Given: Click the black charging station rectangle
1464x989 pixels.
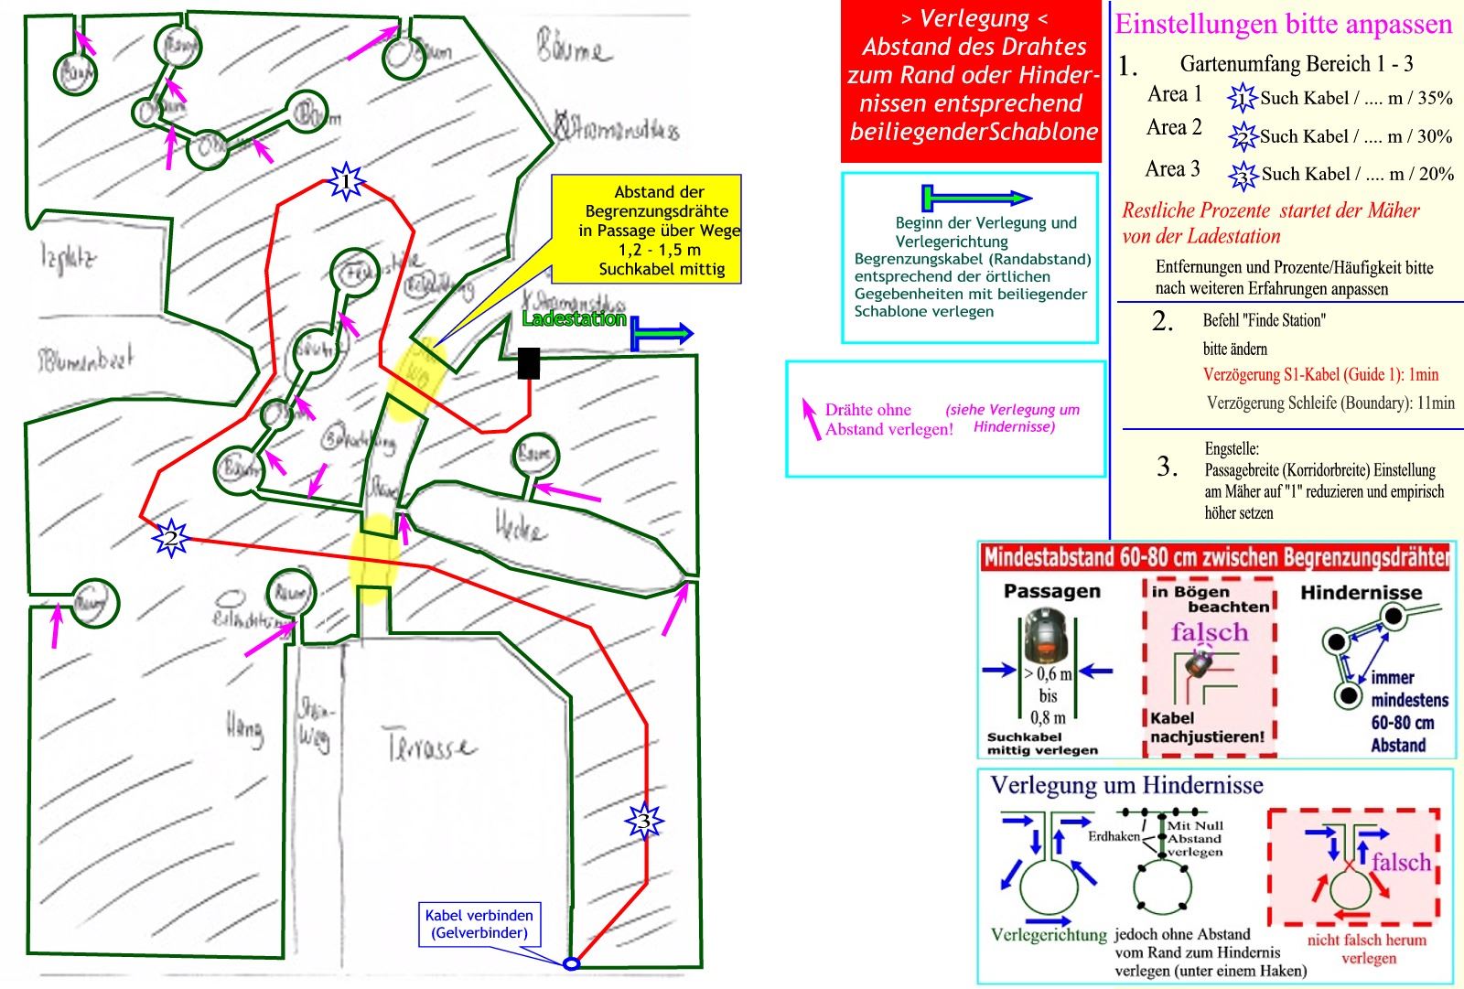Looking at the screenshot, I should (529, 363).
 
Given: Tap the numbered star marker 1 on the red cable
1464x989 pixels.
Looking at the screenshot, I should (346, 181).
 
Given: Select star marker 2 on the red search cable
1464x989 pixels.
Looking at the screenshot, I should (170, 538).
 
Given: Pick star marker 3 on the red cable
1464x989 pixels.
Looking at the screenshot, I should (644, 822).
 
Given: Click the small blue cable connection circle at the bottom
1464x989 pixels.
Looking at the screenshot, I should (571, 963).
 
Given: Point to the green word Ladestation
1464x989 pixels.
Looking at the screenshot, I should (574, 318).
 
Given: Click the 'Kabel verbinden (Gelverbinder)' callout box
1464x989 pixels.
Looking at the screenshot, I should (479, 924).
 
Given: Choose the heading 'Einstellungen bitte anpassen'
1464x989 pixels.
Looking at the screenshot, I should (1284, 25).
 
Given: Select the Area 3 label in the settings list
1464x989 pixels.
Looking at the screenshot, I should (1172, 169).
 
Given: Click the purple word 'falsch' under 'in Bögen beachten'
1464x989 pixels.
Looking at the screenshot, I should (1209, 631).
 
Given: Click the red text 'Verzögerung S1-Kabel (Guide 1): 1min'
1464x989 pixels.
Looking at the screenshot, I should (1320, 374).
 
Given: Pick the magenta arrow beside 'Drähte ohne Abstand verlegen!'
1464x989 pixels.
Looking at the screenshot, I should (810, 418).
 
